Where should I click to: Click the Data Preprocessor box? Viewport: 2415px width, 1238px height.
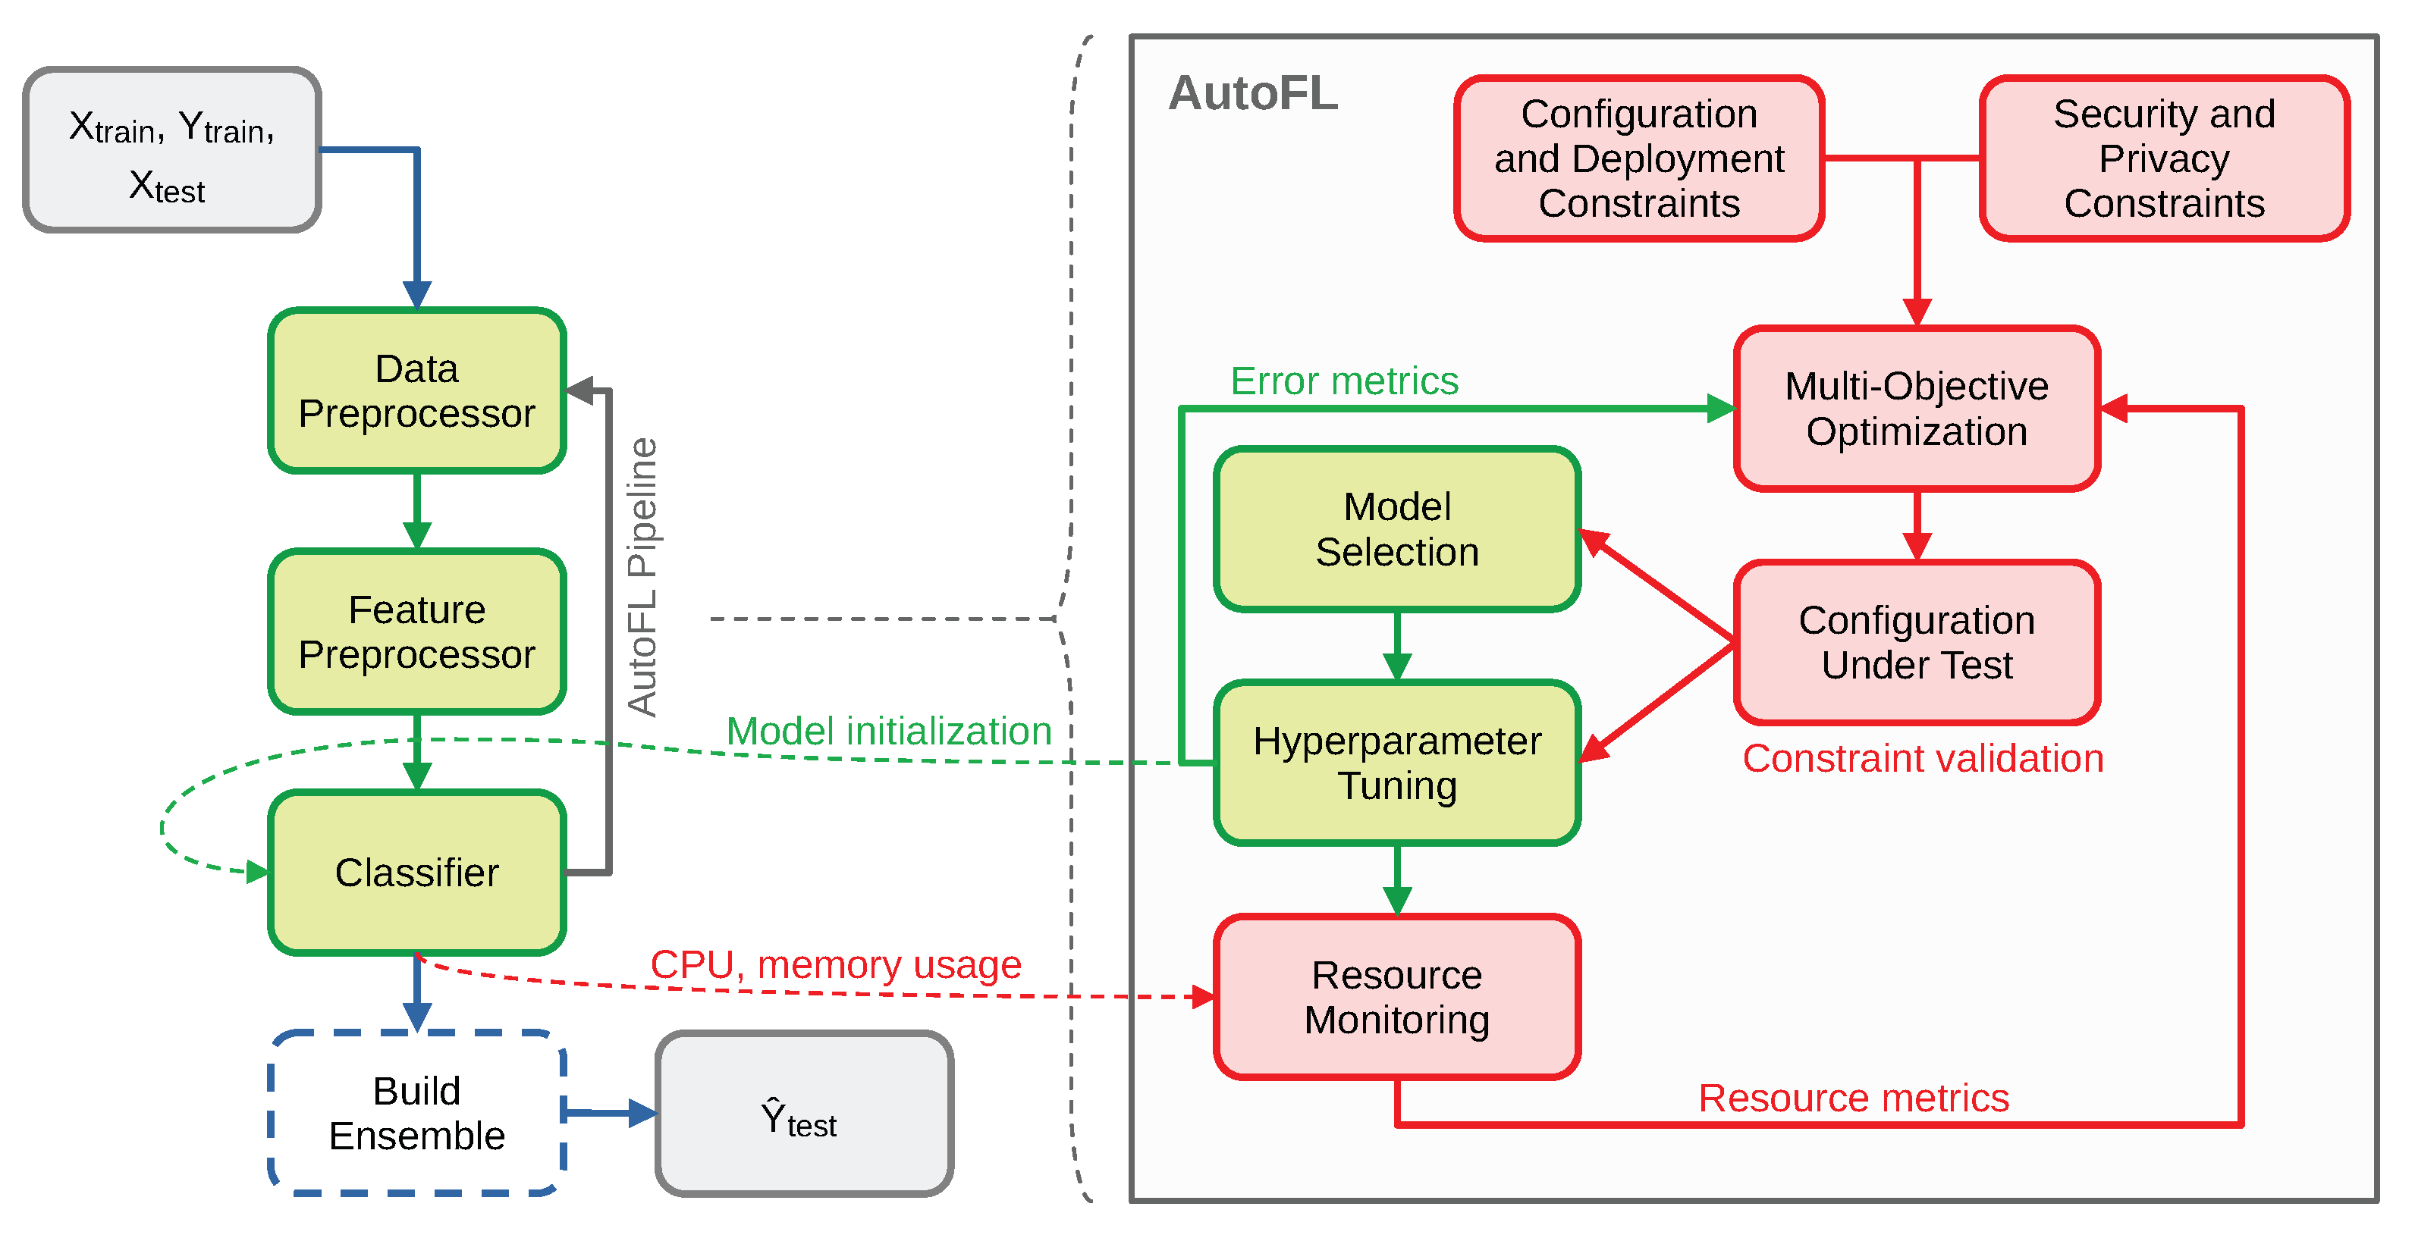(417, 390)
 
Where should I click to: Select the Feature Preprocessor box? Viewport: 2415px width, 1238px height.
(417, 632)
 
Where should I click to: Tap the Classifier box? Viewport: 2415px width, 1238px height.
(417, 873)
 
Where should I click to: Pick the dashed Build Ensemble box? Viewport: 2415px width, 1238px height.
(417, 1114)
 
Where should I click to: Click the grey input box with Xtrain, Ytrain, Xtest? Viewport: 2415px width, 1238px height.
(172, 150)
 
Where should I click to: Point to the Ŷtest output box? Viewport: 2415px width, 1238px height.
(805, 1114)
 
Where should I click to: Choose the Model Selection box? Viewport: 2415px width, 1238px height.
(1397, 529)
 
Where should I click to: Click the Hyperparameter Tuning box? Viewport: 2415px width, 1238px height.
(1397, 763)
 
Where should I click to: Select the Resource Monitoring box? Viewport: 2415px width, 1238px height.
(1397, 997)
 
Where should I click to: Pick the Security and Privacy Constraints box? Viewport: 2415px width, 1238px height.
(2164, 158)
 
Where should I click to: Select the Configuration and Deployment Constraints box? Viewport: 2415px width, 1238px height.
(1639, 158)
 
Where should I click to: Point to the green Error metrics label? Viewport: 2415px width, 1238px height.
(1344, 381)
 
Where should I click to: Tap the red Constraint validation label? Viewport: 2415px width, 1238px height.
(1923, 758)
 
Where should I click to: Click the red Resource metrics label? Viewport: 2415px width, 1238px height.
(1854, 1098)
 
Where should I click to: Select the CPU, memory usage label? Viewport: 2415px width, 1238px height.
(835, 964)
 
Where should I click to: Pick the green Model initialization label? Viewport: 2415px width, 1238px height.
(889, 731)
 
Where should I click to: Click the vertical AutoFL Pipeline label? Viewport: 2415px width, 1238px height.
(643, 576)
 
